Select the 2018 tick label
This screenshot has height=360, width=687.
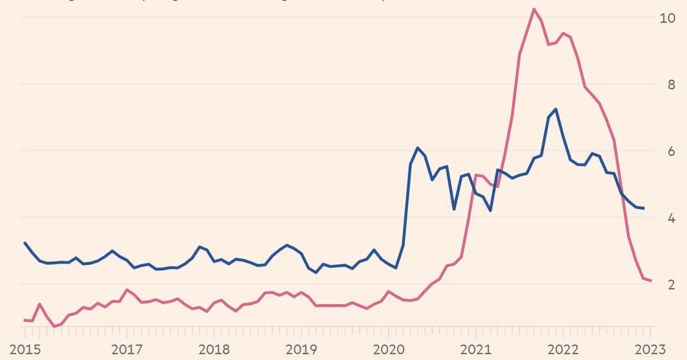tap(214, 349)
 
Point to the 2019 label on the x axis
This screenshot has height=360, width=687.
tap(301, 349)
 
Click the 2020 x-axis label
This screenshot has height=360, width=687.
tap(389, 349)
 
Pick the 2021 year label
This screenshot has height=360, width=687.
tap(476, 349)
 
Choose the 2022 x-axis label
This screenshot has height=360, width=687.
tap(563, 349)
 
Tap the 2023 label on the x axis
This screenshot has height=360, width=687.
tap(649, 349)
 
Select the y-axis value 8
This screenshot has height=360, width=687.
tap(671, 85)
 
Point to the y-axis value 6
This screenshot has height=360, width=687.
tap(671, 152)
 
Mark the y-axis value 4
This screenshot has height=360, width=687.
tap(671, 218)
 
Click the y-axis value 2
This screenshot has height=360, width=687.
tap(671, 285)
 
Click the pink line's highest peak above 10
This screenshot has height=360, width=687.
tap(534, 9)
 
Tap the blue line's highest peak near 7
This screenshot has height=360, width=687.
tap(556, 109)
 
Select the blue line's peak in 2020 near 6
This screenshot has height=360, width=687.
tap(417, 148)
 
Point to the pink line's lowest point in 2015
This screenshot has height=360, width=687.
tap(54, 327)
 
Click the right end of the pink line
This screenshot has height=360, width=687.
tap(651, 281)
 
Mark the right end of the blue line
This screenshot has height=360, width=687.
tap(644, 208)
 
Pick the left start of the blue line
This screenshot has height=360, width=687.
tap(25, 243)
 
